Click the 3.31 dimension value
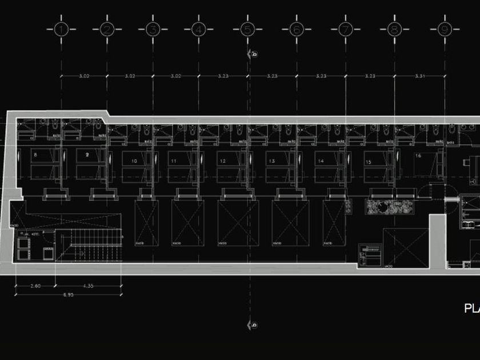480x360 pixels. coord(420,75)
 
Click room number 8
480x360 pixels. coord(35,154)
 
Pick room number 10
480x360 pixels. coord(134,162)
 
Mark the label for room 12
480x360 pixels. coord(222,162)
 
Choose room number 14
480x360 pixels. coord(321,162)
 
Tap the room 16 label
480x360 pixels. coord(418,155)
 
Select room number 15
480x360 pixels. coord(369,162)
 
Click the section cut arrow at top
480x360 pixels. coord(252,54)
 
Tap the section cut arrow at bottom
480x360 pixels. coord(252,325)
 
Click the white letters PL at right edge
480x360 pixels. coord(472,309)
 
